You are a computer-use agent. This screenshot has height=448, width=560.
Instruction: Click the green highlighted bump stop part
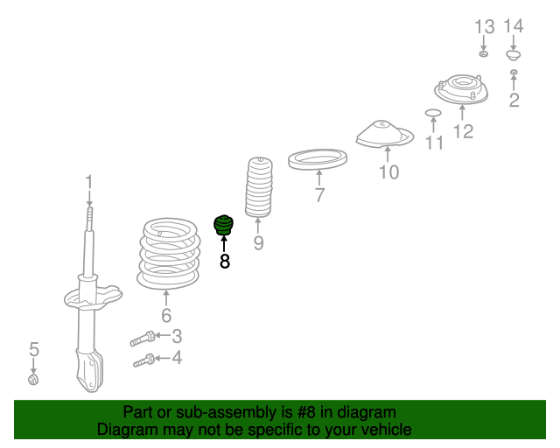pos(224,226)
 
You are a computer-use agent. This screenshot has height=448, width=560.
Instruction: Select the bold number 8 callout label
pos(224,262)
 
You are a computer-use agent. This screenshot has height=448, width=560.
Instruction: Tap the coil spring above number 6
pos(168,254)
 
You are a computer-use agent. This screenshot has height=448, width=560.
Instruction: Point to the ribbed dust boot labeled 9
pos(259,187)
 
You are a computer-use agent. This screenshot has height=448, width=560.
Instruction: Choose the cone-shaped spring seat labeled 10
pos(385,135)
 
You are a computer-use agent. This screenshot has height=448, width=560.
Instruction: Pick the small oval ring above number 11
pos(433,113)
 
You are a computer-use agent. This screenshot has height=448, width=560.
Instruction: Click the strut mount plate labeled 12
pos(461,89)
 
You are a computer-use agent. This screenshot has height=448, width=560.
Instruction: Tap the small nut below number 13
pos(483,54)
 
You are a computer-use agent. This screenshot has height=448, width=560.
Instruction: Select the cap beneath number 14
pos(514,55)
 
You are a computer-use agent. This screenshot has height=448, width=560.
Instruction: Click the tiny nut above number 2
pos(514,72)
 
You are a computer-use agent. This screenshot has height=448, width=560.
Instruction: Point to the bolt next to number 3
pos(143,339)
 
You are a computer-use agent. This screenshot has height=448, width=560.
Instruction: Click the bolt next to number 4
pos(144,360)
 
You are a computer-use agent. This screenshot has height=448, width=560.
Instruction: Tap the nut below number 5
pos(33,380)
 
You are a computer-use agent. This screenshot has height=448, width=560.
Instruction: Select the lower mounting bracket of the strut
pos(90,370)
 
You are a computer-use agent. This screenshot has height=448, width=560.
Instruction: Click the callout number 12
pos(463,131)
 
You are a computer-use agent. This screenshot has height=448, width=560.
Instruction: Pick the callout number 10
pos(388,172)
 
